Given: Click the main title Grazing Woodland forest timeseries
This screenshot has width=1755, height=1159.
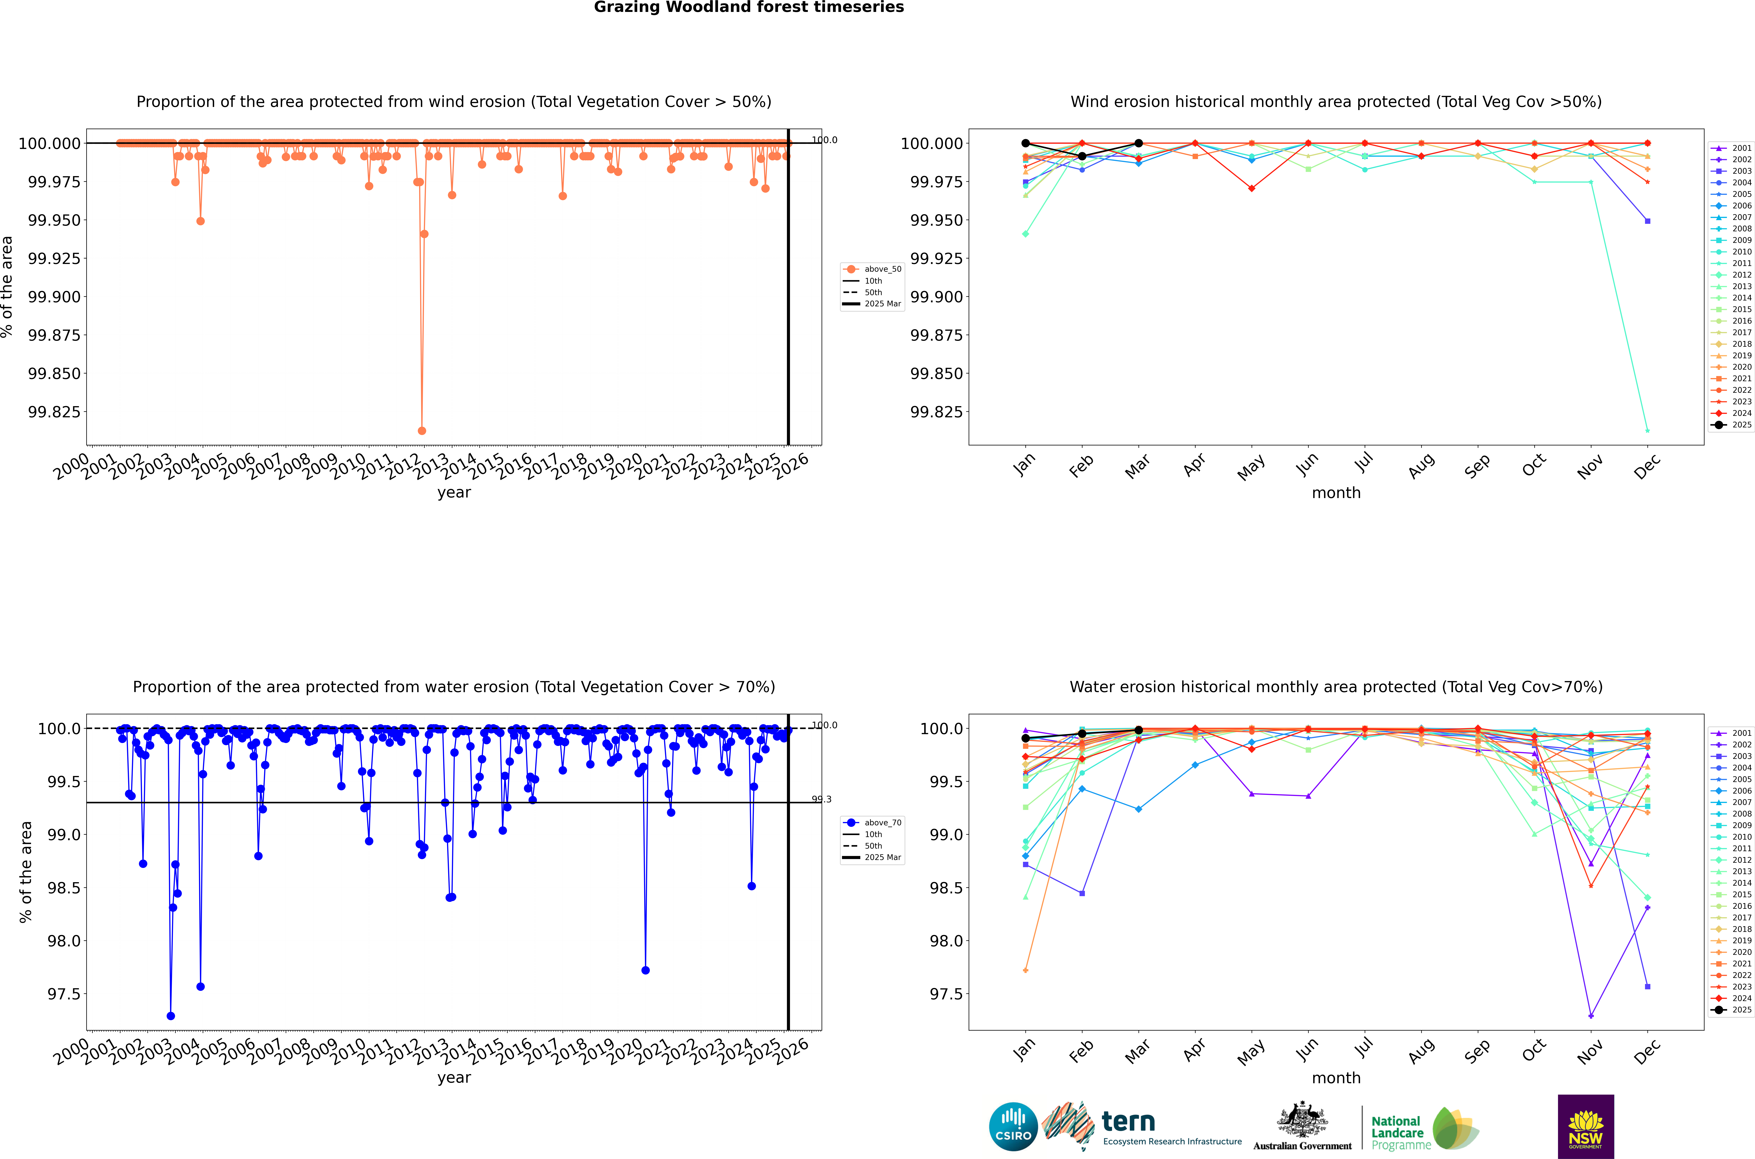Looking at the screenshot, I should tap(749, 7).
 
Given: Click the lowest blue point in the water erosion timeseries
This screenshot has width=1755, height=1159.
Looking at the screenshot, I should tap(171, 1016).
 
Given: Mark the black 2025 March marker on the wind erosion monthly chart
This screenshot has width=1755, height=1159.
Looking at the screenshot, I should tap(1138, 143).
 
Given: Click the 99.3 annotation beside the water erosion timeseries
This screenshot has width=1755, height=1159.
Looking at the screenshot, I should tap(821, 799).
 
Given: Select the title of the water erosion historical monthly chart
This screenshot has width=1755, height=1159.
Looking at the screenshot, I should tap(1336, 687).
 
